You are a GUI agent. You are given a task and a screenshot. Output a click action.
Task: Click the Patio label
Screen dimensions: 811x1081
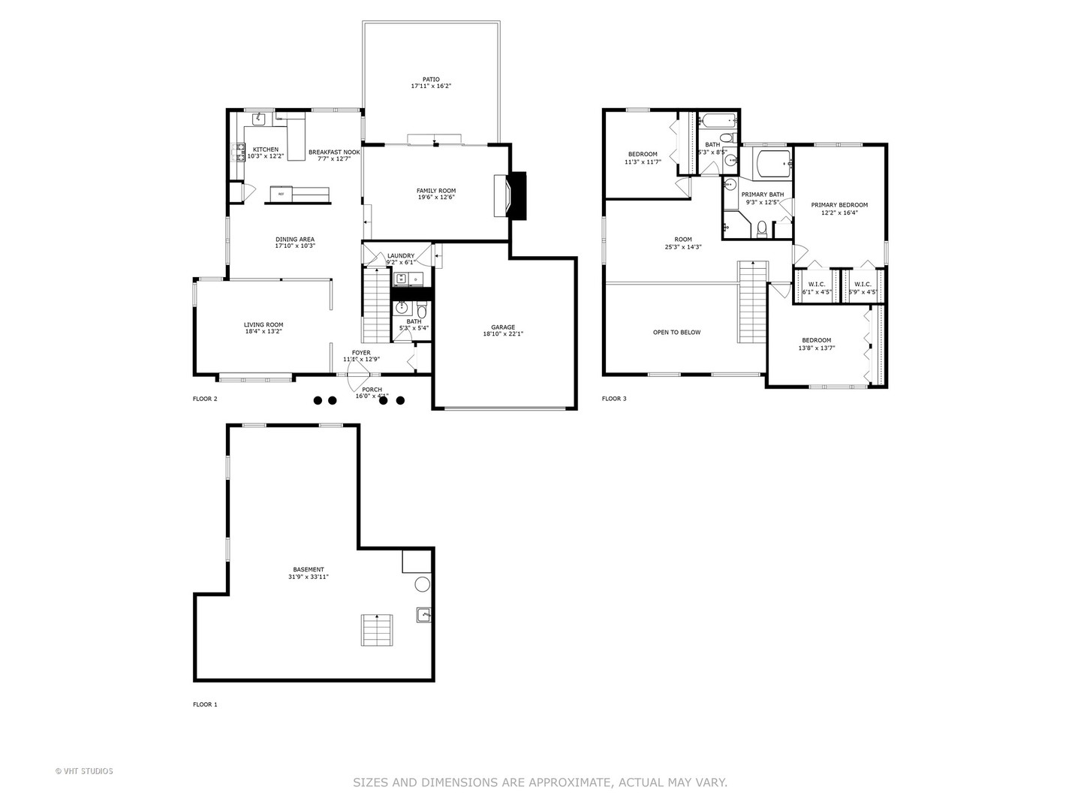[x=430, y=79]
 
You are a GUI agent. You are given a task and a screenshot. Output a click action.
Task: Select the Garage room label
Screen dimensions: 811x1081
[x=502, y=327]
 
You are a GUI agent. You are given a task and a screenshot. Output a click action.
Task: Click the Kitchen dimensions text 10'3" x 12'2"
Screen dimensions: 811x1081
[x=265, y=156]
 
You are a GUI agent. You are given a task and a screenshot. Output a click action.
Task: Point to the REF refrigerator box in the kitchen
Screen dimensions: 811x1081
[x=282, y=194]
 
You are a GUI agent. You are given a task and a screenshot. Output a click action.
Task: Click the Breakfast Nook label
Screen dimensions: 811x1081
[x=334, y=152]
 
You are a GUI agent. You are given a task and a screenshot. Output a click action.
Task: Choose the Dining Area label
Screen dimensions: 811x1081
[x=294, y=240]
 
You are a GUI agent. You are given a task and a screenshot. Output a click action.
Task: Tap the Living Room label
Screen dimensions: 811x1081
[x=263, y=324]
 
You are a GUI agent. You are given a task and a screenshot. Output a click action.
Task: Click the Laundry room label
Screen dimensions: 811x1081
[x=400, y=256]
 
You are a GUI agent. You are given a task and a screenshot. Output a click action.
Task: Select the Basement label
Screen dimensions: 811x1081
[x=309, y=569]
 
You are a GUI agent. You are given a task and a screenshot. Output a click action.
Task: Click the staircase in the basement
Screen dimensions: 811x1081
[x=377, y=630]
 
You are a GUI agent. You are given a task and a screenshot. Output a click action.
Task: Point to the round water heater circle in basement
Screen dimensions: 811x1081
[x=423, y=584]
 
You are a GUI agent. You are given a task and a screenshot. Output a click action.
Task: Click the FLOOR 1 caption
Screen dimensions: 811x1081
[x=205, y=704]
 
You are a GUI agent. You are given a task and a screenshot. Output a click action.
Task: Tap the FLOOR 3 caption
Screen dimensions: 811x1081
[x=614, y=399]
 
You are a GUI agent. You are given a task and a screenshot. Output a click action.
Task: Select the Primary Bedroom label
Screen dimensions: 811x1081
[x=839, y=205]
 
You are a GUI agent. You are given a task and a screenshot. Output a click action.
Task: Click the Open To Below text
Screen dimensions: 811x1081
[x=676, y=332]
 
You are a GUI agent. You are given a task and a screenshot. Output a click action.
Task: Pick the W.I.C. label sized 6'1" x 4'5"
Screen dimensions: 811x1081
[x=817, y=284]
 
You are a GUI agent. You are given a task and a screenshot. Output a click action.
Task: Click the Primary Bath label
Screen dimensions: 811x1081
[x=762, y=194]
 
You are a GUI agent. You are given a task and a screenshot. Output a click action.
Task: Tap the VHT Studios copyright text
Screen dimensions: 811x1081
[x=84, y=771]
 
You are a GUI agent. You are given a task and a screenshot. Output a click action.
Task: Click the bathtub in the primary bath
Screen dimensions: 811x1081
[x=772, y=163]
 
